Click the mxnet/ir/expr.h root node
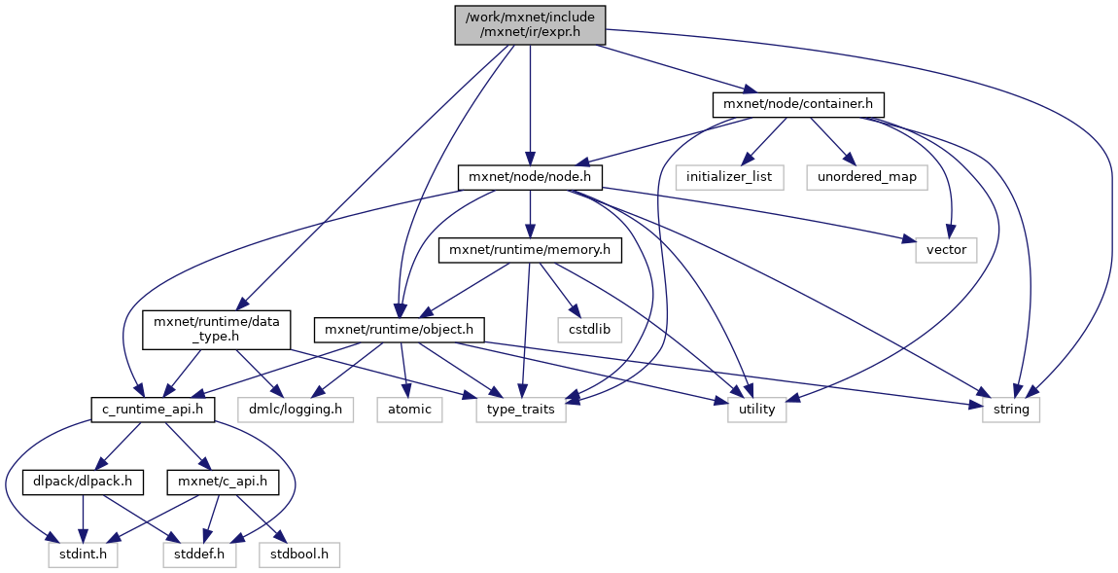pos(530,24)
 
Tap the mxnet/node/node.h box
pos(531,177)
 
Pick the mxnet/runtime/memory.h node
pos(530,251)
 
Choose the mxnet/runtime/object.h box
pos(399,329)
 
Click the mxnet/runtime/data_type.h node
pos(216,331)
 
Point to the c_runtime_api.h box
pos(153,410)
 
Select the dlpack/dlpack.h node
pos(84,481)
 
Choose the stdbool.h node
pos(298,555)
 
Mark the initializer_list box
pos(729,177)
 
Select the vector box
pos(946,250)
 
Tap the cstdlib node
pos(590,329)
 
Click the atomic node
pos(409,410)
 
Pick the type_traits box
pos(521,410)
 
